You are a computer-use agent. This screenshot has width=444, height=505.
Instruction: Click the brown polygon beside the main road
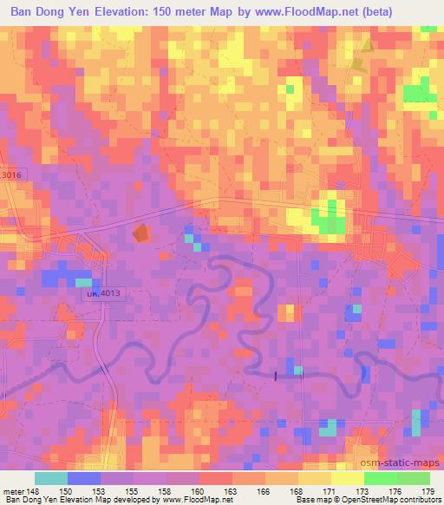pyautogui.click(x=140, y=233)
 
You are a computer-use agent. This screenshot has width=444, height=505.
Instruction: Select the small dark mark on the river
pyautogui.click(x=276, y=376)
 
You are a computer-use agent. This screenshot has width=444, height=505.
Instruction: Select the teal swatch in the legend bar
pyautogui.click(x=51, y=478)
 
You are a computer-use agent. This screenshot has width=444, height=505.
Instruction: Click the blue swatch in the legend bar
pyautogui.click(x=84, y=478)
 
